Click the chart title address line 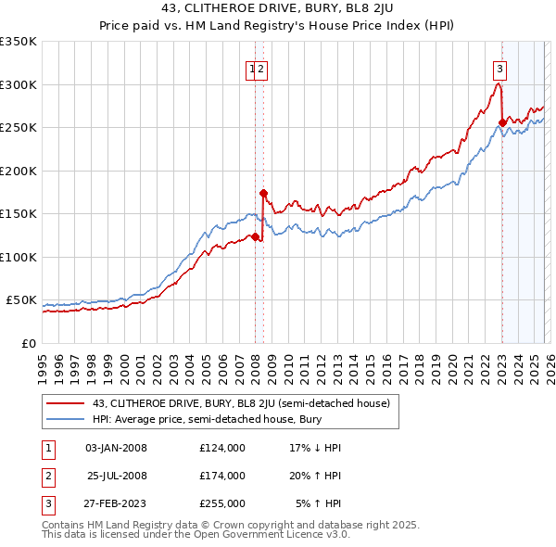coord(277,9)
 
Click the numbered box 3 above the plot coord(500,67)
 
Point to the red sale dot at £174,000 coord(263,193)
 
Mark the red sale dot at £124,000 coord(255,235)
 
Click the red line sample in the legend coord(65,403)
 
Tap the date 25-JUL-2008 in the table coord(117,476)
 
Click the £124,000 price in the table coord(221,448)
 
